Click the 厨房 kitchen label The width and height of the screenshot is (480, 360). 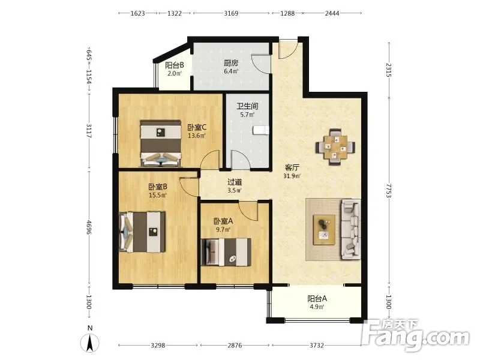pyautogui.click(x=231, y=63)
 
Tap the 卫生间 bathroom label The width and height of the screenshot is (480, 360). pyautogui.click(x=247, y=106)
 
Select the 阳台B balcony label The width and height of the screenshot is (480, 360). pyautogui.click(x=174, y=65)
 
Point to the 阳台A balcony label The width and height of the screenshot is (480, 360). pyautogui.click(x=317, y=298)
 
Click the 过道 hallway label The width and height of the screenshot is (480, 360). pyautogui.click(x=235, y=182)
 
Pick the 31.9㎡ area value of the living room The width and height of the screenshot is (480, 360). pyautogui.click(x=292, y=176)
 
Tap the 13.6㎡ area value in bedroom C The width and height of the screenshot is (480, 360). pyautogui.click(x=196, y=136)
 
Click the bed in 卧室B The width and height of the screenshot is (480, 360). pyautogui.click(x=142, y=232)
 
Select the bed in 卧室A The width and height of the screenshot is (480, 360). pyautogui.click(x=226, y=251)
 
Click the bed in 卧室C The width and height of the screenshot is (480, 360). pyautogui.click(x=161, y=143)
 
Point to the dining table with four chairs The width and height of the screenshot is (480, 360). pyautogui.click(x=335, y=147)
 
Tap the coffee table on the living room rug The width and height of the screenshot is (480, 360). pyautogui.click(x=324, y=230)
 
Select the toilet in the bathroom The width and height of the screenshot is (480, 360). pyautogui.click(x=261, y=130)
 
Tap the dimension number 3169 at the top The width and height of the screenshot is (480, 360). pyautogui.click(x=231, y=13)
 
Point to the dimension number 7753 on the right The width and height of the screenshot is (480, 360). pyautogui.click(x=389, y=191)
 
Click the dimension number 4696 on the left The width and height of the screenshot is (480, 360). pyautogui.click(x=89, y=227)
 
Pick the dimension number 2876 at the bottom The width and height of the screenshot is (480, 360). pyautogui.click(x=235, y=346)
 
